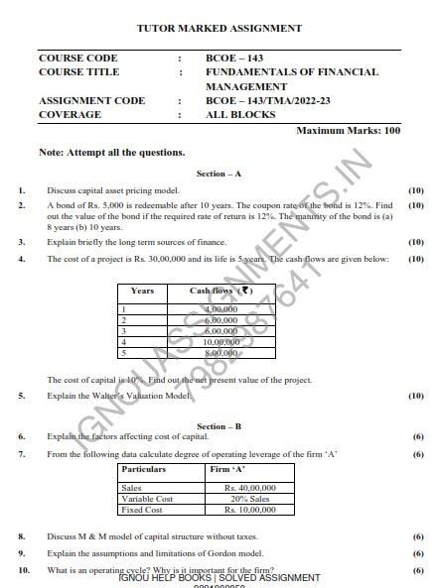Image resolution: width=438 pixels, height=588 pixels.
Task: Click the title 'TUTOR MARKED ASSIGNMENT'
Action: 219,28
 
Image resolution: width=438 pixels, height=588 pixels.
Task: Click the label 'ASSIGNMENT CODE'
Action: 84,100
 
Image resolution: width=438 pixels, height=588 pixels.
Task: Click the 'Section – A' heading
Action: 219,174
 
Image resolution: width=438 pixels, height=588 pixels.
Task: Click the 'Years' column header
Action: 142,291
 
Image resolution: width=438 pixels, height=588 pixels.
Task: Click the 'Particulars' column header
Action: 143,468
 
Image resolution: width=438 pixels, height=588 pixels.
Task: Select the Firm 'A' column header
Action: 228,468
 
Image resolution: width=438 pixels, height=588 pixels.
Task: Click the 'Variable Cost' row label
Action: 146,499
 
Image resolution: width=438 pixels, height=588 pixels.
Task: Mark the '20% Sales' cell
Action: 253,499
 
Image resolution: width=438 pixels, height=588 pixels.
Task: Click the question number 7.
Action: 22,453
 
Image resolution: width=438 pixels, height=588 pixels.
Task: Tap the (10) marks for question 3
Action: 416,241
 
